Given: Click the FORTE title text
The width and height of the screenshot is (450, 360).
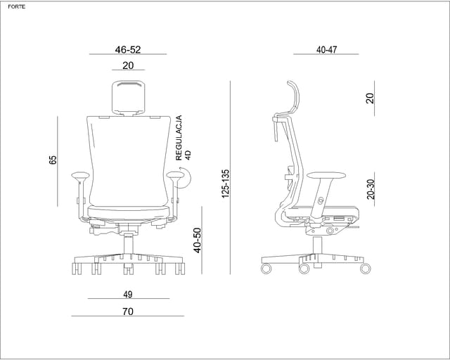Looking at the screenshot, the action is (x=17, y=7).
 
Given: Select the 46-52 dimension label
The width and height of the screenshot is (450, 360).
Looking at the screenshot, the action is (x=128, y=50).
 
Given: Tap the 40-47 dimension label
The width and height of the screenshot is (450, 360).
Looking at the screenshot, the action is (x=326, y=50).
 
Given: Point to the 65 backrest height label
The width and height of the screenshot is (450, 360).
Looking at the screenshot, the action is (x=53, y=160).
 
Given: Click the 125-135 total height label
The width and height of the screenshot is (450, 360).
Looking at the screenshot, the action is (x=226, y=184).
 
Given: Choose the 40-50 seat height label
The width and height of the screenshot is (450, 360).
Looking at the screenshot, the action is (x=197, y=240).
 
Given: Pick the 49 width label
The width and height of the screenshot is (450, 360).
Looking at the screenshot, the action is (x=128, y=295).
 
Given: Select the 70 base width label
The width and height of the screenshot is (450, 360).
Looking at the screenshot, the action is (x=128, y=311).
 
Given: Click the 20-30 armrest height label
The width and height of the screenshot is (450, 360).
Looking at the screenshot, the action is (x=371, y=189).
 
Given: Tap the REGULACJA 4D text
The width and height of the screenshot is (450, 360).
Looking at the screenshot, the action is (x=183, y=138).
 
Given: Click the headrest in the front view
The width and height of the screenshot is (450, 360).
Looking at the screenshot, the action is (x=128, y=98).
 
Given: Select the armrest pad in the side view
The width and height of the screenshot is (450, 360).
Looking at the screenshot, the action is (x=326, y=175).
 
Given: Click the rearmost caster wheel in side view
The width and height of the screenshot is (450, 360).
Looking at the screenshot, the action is (x=266, y=269).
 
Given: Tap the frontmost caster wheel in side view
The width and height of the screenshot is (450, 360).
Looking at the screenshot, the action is (x=366, y=269).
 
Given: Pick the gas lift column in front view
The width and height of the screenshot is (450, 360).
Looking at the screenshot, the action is (x=128, y=244).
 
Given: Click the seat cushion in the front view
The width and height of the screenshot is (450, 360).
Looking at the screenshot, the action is (x=129, y=212).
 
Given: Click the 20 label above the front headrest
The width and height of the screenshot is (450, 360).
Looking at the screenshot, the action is (x=128, y=65).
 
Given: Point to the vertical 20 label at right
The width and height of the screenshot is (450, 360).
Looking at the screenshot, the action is (x=371, y=98).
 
